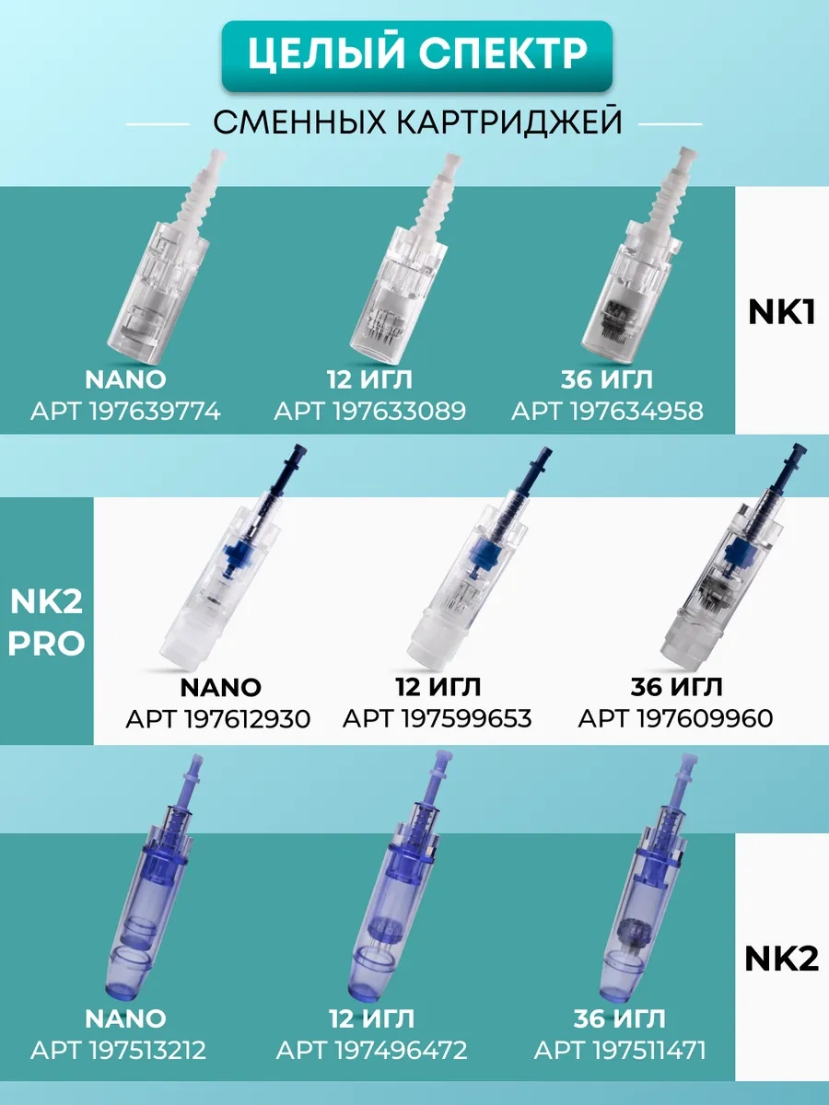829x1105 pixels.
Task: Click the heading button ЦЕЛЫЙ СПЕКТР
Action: [416, 55]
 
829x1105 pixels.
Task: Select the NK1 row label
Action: [781, 312]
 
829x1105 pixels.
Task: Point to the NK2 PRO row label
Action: [46, 622]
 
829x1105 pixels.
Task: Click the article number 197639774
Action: [155, 412]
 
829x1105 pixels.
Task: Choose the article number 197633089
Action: [399, 412]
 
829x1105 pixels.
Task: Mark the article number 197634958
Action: [636, 412]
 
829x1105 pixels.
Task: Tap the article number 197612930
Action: [247, 719]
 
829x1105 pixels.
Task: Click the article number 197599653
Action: [466, 719]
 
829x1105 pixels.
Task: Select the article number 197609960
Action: [706, 719]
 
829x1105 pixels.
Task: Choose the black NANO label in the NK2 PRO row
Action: [220, 688]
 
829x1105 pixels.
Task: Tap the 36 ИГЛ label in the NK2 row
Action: [619, 1019]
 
